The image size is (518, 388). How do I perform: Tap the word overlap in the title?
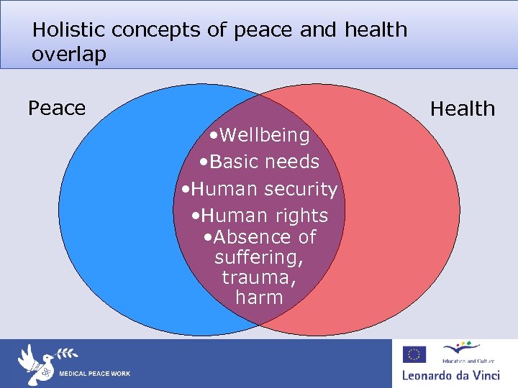click(x=68, y=55)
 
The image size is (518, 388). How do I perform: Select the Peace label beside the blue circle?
click(x=57, y=108)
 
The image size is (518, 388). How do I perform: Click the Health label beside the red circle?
click(x=463, y=108)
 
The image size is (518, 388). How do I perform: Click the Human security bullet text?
click(x=260, y=189)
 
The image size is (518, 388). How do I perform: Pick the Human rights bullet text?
click(x=260, y=215)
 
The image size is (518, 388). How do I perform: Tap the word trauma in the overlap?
click(x=259, y=277)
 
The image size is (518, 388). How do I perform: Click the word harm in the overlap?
click(x=259, y=297)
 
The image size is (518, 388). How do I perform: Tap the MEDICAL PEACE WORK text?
click(x=94, y=374)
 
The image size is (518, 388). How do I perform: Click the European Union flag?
click(x=414, y=354)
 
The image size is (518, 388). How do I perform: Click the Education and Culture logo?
click(x=463, y=352)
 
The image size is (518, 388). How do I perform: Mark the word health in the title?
click(x=376, y=29)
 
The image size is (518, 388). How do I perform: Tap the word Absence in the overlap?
click(x=244, y=236)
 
